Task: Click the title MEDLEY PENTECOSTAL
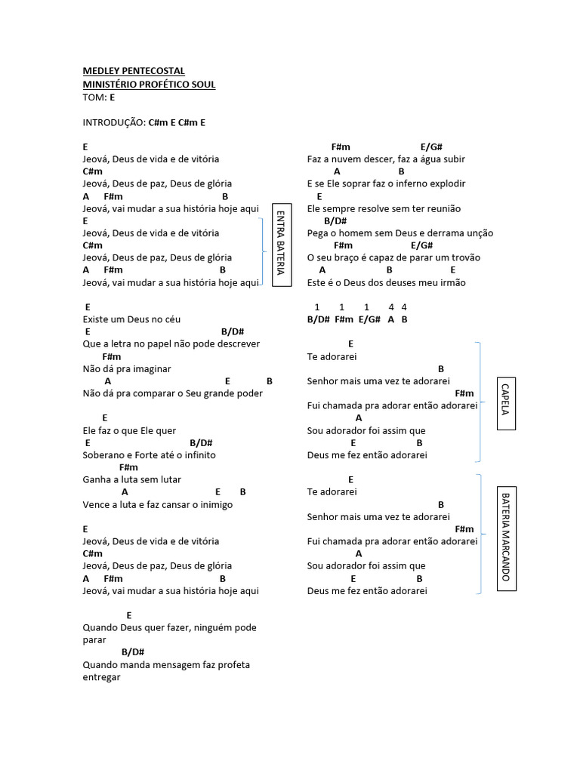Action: coord(133,71)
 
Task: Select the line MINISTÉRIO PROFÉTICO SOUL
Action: coord(149,84)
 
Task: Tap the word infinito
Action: coord(198,455)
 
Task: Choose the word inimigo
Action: coord(214,504)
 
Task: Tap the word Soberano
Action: coord(104,455)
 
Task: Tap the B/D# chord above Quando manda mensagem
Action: coord(133,652)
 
